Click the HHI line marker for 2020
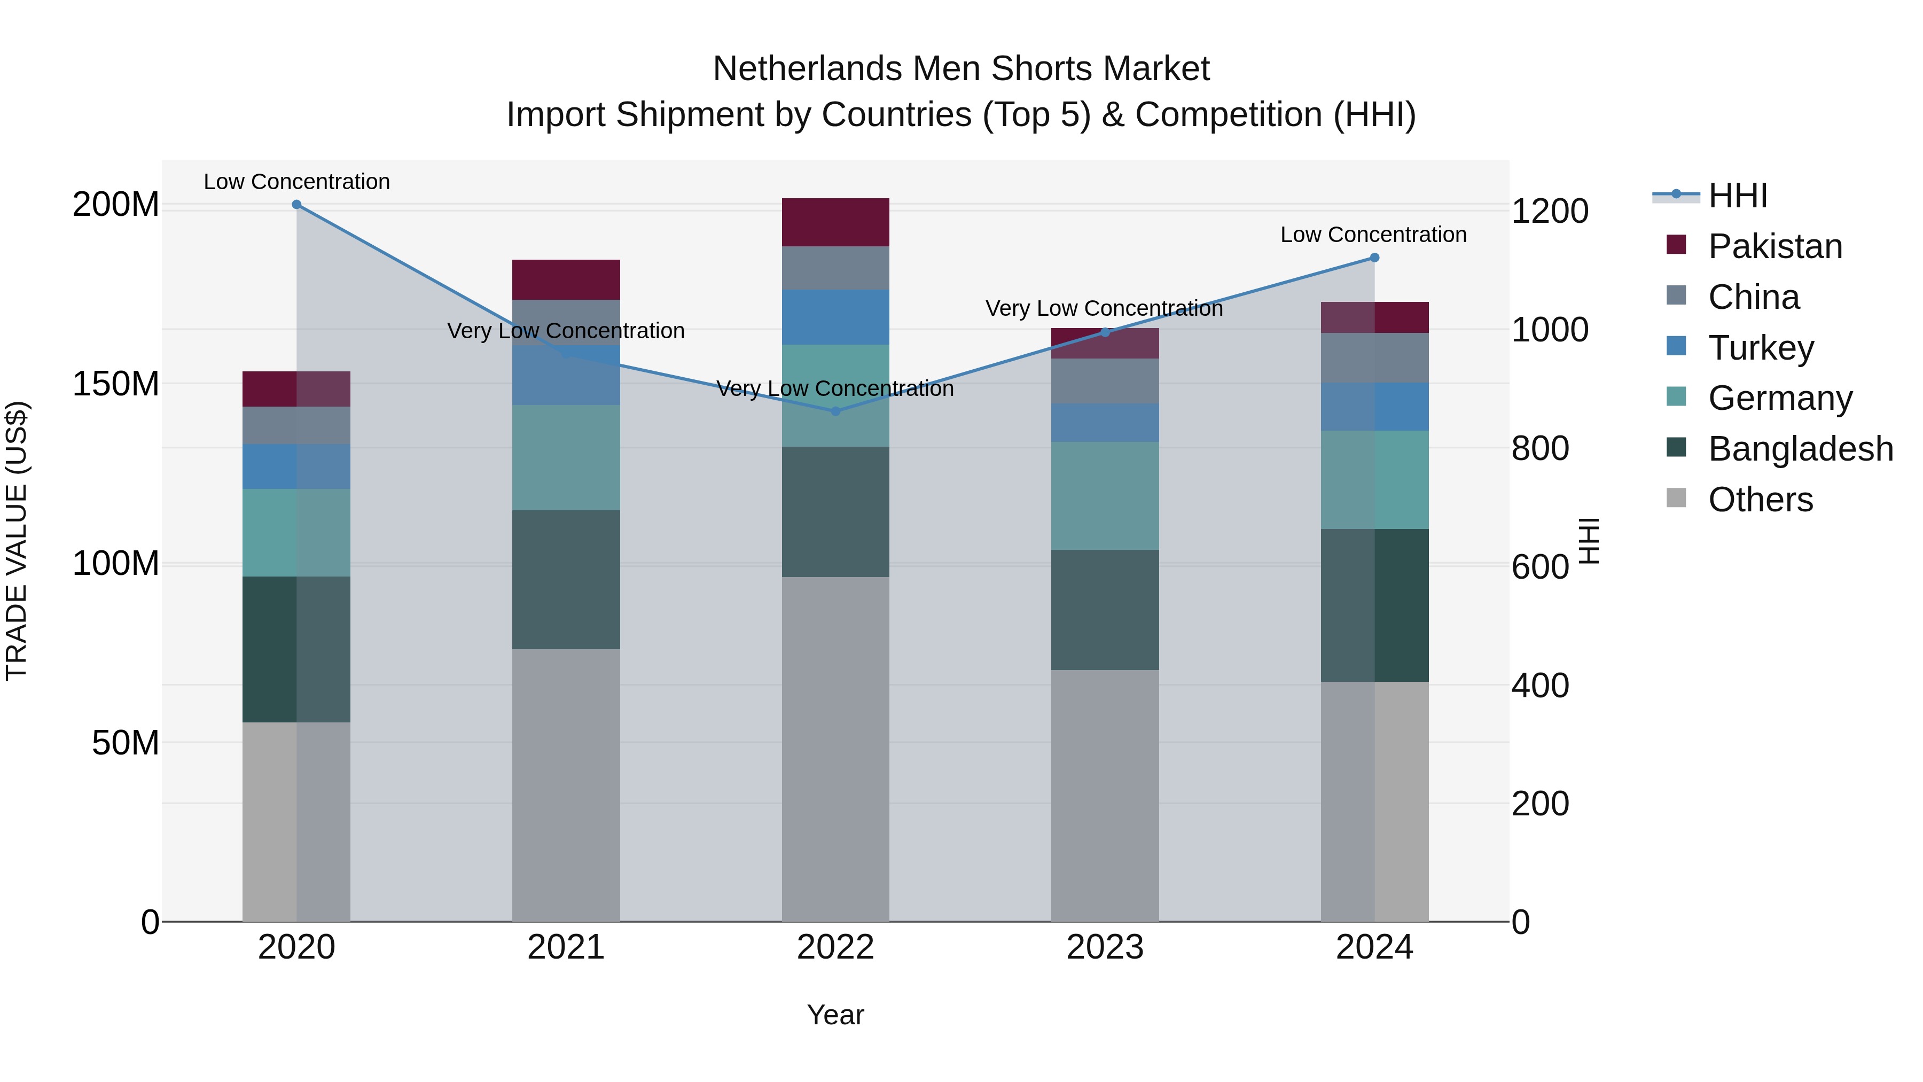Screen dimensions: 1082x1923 coord(296,205)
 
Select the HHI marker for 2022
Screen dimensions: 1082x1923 coord(835,411)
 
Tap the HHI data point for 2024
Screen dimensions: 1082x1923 coord(1374,258)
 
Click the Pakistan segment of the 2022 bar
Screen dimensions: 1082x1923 coord(835,222)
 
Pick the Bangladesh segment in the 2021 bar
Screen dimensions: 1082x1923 coord(566,579)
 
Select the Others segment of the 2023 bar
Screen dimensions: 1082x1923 coord(1105,795)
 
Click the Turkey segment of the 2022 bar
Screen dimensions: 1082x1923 coord(835,317)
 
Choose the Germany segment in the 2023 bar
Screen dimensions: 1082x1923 coord(1105,496)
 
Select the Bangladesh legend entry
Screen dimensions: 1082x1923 coord(1800,449)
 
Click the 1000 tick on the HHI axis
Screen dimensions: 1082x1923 coord(1550,330)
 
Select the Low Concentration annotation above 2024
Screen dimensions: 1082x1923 coord(1373,235)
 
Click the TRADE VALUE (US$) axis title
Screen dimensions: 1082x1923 coord(17,541)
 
